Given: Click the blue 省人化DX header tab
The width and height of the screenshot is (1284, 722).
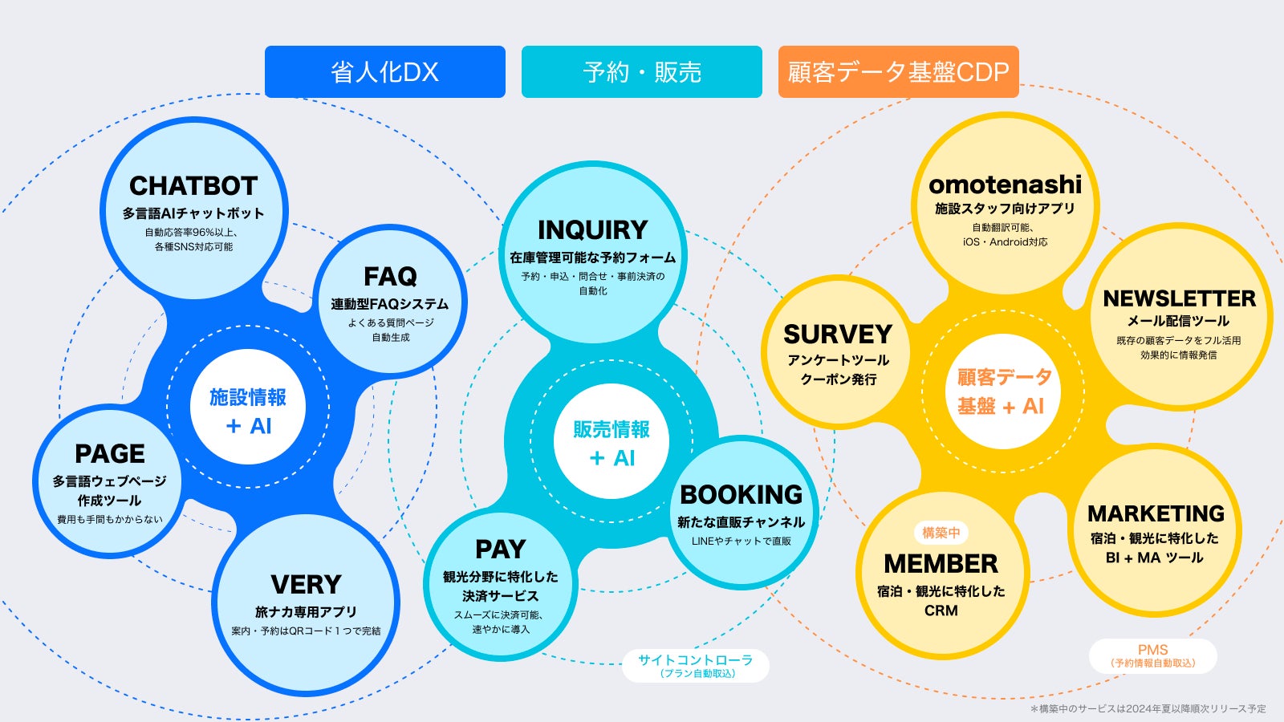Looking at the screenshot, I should [x=385, y=72].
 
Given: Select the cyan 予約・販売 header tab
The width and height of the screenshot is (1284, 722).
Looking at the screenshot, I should [x=642, y=72].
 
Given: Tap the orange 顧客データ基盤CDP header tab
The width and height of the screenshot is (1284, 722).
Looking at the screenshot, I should [x=898, y=72].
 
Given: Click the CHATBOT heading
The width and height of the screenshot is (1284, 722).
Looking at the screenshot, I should [x=193, y=186].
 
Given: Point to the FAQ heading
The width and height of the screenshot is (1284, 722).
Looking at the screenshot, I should [x=390, y=277].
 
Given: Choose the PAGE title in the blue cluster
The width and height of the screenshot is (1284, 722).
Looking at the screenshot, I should [x=110, y=454].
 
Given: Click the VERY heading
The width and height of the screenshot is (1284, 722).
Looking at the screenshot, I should [x=306, y=584].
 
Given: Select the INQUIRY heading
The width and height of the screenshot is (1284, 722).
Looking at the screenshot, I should [x=592, y=230].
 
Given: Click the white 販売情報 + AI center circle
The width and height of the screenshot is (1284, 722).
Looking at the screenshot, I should [x=612, y=441].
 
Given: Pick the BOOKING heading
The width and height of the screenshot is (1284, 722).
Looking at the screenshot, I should [x=741, y=494].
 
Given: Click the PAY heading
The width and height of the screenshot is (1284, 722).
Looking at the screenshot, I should [x=500, y=550].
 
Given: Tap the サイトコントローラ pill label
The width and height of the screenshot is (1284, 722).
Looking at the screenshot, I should [x=696, y=665].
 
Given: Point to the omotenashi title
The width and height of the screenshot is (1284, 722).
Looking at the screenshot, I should [x=1005, y=185].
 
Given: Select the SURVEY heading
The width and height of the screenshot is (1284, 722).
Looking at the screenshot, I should [x=838, y=334].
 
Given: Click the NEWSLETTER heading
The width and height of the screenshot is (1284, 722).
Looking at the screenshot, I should [x=1179, y=298].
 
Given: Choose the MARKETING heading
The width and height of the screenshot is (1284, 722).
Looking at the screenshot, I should [x=1156, y=513].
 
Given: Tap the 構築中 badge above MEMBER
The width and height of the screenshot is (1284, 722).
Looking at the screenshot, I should [x=941, y=533].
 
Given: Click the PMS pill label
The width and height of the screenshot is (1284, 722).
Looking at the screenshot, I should [x=1152, y=655].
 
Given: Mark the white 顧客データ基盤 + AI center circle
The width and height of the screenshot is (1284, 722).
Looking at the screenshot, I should [x=1003, y=391].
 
